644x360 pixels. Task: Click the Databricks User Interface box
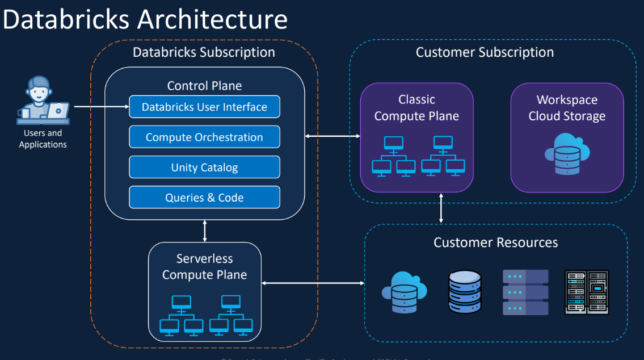(x=204, y=107)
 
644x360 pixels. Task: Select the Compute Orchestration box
(x=204, y=137)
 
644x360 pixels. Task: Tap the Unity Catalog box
(x=204, y=168)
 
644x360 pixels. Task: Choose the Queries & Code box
(x=204, y=198)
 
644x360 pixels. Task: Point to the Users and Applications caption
(x=43, y=139)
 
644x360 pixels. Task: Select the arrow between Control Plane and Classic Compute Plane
(x=332, y=136)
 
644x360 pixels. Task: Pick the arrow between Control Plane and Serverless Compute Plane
(x=205, y=231)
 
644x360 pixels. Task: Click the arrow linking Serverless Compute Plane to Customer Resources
(x=312, y=282)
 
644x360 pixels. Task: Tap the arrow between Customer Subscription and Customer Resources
(x=441, y=208)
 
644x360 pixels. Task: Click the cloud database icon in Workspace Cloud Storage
(x=567, y=153)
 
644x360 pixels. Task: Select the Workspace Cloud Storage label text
(x=567, y=108)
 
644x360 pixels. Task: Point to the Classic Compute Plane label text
(x=416, y=108)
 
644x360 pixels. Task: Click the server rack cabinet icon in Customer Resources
(x=587, y=292)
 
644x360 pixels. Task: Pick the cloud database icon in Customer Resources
(x=404, y=292)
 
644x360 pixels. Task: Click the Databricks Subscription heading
(x=204, y=53)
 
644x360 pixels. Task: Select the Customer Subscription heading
(x=485, y=53)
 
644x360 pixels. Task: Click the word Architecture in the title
(x=212, y=19)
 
